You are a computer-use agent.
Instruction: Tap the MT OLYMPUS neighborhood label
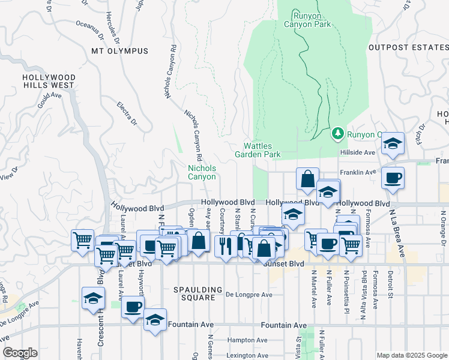click(114, 52)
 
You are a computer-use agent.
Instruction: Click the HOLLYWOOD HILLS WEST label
click(49, 82)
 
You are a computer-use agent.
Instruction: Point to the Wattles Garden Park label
click(262, 150)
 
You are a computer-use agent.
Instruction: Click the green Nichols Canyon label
click(202, 172)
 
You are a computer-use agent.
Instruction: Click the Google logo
click(20, 353)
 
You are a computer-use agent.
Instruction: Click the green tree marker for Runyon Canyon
click(338, 133)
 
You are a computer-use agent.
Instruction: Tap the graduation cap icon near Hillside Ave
click(393, 143)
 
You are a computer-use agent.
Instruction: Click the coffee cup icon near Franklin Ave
click(393, 178)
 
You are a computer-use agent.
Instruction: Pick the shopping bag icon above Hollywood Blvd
click(307, 179)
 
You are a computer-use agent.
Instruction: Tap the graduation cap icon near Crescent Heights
click(93, 298)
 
